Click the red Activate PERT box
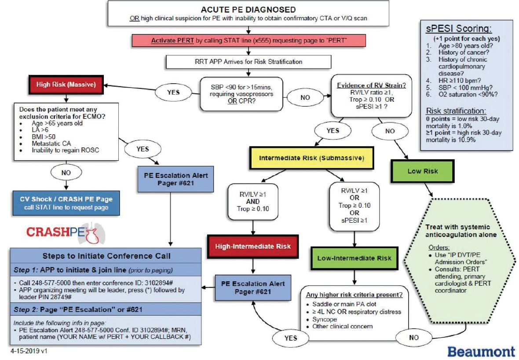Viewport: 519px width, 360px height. [x=249, y=40]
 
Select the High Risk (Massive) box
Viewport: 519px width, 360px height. [x=66, y=84]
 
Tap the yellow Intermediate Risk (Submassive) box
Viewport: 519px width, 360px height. [x=311, y=158]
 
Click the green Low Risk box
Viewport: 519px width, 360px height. [x=422, y=171]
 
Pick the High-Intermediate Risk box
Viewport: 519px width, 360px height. [x=253, y=246]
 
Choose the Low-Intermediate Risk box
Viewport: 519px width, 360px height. [x=355, y=258]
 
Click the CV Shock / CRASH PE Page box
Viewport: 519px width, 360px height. [x=66, y=203]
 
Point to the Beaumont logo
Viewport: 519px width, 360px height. [x=481, y=352]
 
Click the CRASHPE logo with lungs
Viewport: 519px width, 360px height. [x=66, y=232]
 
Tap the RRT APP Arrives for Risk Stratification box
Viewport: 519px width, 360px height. [x=249, y=62]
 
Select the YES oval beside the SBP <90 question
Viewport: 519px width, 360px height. [x=173, y=92]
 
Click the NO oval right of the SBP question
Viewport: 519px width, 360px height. [x=305, y=97]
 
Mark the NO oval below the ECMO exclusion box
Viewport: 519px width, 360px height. [x=66, y=173]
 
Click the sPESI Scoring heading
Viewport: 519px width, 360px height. [x=459, y=29]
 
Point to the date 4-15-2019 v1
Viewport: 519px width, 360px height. [x=29, y=351]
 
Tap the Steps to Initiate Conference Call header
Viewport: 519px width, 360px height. [x=106, y=256]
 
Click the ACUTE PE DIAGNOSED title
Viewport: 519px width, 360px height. [x=248, y=10]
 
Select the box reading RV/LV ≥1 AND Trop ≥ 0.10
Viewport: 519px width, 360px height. [x=253, y=202]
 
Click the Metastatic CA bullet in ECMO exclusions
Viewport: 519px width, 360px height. [x=51, y=143]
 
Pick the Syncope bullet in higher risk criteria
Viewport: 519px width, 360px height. [x=325, y=319]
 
